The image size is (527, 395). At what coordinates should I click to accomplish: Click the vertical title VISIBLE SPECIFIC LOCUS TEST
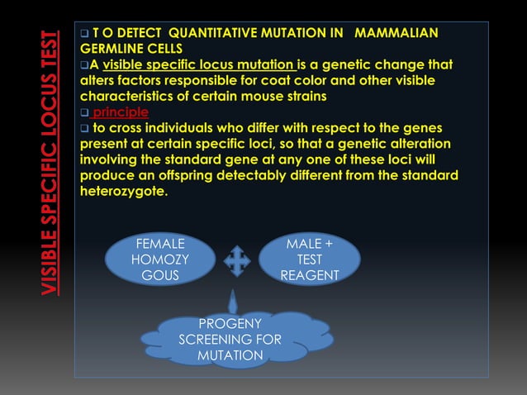point(50,163)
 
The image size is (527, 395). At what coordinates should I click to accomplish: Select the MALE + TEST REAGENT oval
point(309,259)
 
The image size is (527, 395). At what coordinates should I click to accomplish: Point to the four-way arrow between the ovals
point(236,259)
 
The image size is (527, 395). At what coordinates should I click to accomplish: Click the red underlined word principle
point(121,112)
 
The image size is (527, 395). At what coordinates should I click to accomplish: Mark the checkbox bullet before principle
point(84,112)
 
